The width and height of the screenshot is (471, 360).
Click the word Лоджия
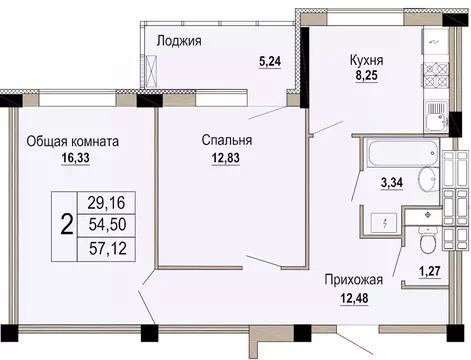180,41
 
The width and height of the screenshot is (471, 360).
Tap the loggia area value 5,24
270,61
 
